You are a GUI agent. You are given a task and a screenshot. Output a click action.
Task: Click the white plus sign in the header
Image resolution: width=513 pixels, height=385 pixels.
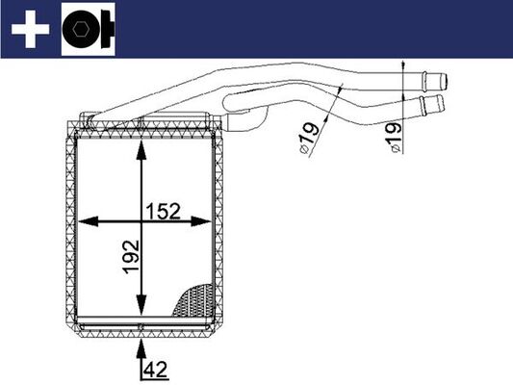[x=29, y=30]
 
